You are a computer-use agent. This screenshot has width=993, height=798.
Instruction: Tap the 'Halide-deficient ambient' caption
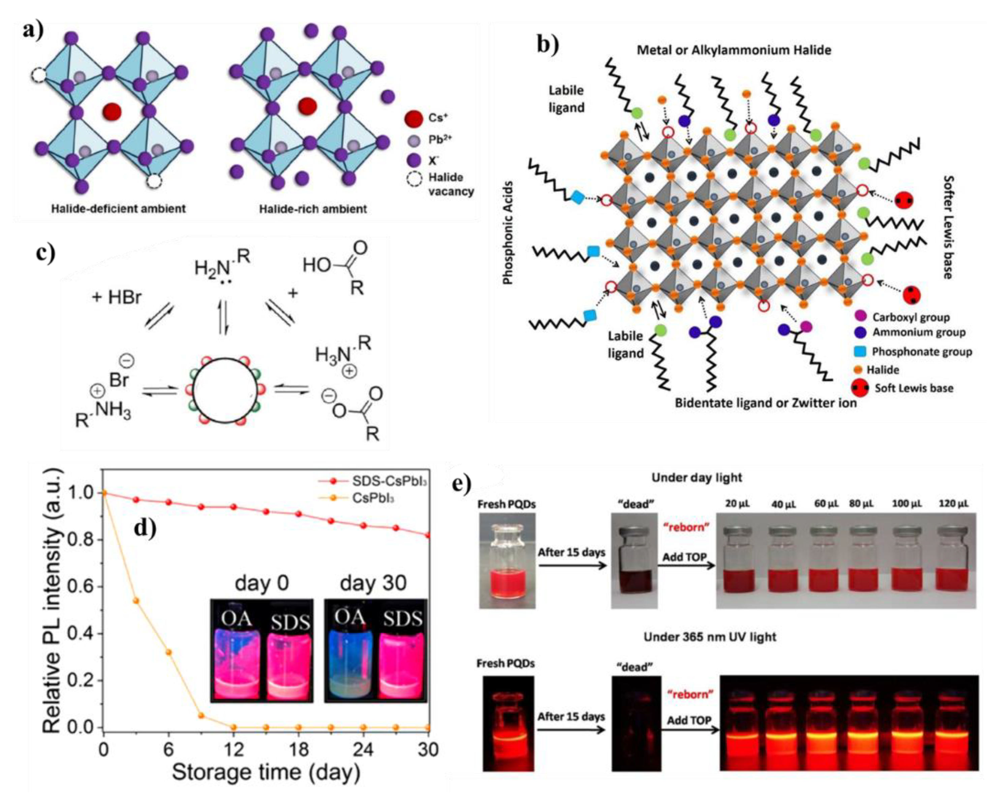coord(118,209)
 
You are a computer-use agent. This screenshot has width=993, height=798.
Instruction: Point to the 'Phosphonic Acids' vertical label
coord(507,232)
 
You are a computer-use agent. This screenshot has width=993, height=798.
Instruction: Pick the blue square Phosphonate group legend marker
coord(860,352)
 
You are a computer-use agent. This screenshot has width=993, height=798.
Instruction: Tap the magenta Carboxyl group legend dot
coord(860,317)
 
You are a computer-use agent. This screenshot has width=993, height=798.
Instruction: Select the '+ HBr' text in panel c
coord(117,297)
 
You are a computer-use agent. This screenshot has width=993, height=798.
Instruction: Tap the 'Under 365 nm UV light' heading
coord(710,637)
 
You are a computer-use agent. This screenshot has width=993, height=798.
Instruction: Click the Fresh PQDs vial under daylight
coord(507,561)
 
